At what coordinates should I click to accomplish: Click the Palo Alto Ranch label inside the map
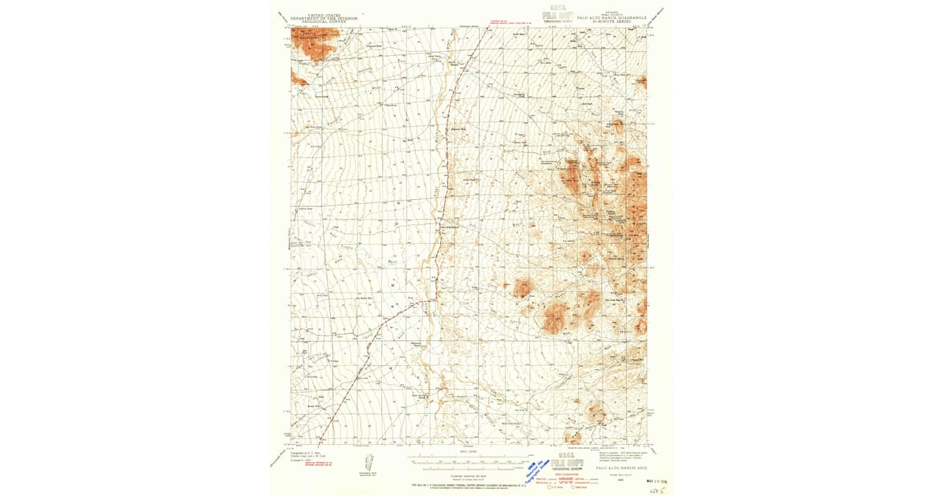[x=449, y=228]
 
